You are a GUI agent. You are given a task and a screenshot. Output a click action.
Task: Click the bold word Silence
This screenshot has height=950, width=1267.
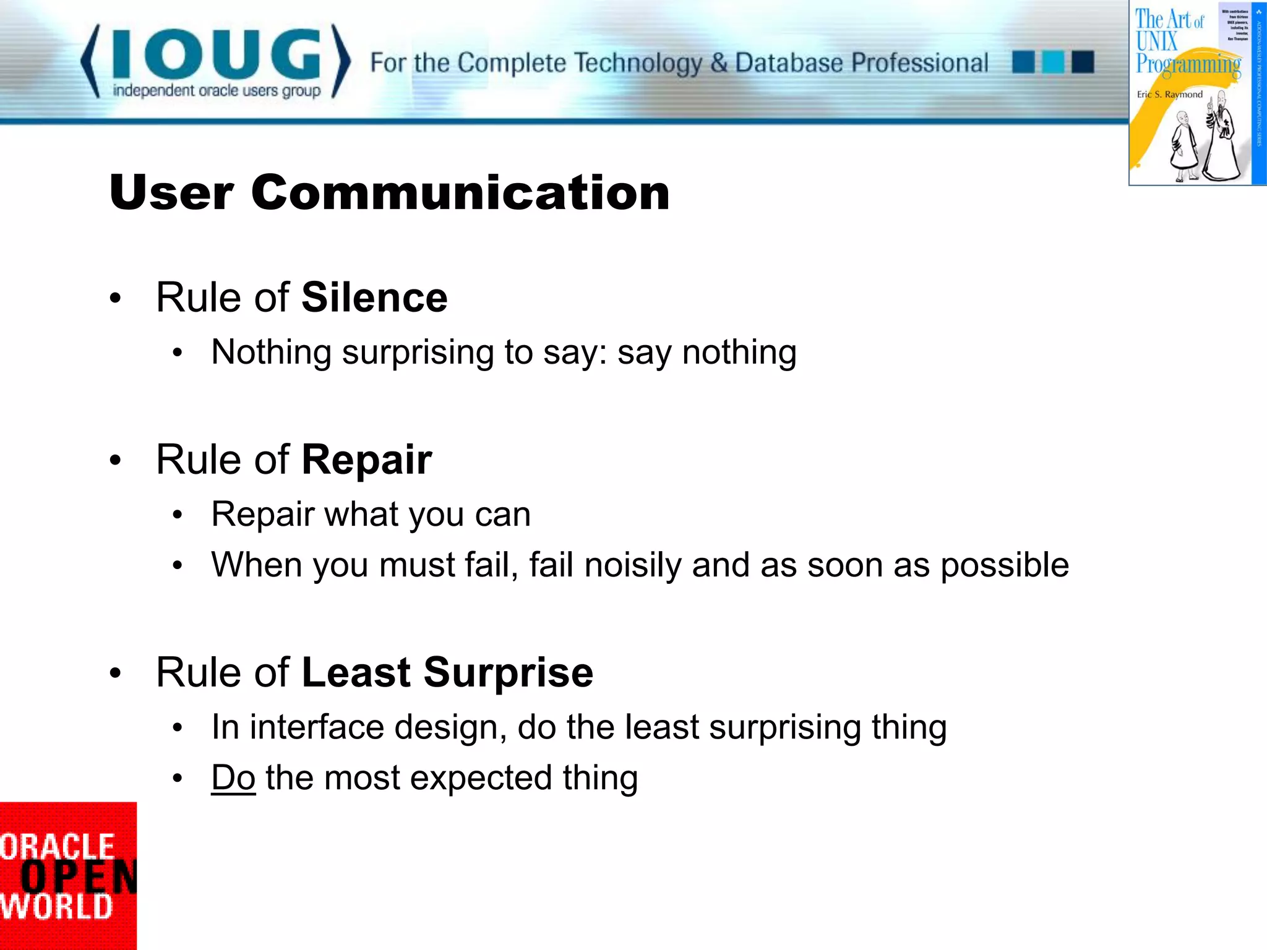[374, 297]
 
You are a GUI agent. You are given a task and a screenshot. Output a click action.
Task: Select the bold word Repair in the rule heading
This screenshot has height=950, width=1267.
[366, 460]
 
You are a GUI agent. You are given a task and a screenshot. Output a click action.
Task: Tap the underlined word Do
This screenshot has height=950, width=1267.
[233, 777]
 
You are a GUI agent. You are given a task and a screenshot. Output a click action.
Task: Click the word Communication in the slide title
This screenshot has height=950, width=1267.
[460, 192]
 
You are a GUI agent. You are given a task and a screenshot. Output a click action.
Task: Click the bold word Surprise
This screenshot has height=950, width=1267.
[508, 672]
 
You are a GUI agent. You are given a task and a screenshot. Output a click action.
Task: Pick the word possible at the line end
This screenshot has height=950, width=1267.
[1004, 565]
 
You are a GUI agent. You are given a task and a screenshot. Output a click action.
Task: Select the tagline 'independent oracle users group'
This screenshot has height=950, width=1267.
[217, 91]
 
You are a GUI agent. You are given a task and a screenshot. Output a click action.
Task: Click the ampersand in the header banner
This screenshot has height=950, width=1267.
[718, 63]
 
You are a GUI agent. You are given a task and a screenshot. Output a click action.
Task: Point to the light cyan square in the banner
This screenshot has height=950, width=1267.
[1053, 62]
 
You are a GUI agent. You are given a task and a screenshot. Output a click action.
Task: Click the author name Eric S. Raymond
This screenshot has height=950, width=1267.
[1169, 95]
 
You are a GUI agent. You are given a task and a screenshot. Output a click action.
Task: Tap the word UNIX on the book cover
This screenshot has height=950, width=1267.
[1156, 41]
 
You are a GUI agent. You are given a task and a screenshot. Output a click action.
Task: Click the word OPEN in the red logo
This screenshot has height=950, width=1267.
[77, 877]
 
